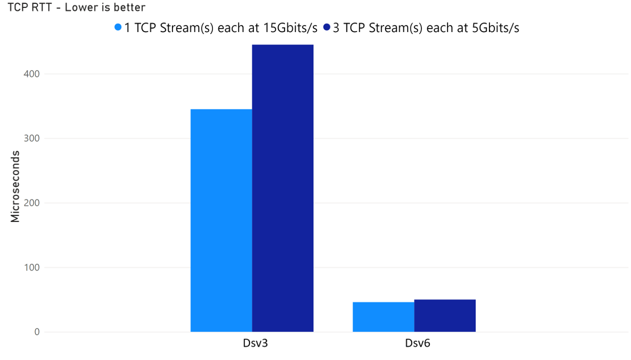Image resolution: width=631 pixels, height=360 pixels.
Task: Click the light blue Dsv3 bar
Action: click(x=221, y=220)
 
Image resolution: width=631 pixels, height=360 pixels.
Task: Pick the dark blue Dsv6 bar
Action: click(x=444, y=315)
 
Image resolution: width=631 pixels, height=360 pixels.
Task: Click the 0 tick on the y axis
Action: click(x=37, y=332)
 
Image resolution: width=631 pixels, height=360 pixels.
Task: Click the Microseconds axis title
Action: click(x=15, y=186)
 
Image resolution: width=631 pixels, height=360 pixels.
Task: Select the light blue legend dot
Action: click(x=118, y=27)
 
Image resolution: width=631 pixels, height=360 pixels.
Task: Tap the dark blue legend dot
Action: click(x=327, y=27)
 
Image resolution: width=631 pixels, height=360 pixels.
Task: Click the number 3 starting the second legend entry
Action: click(x=336, y=28)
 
